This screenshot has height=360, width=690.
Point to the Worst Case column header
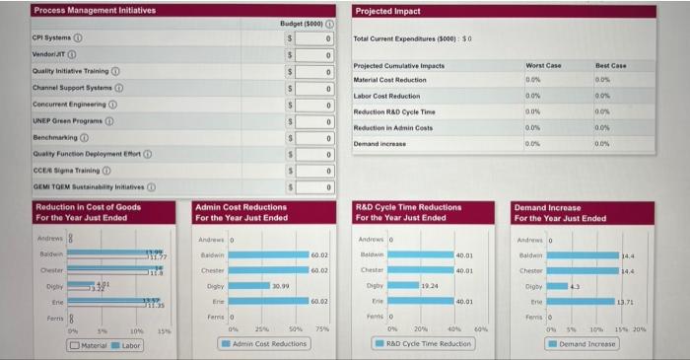coord(543,65)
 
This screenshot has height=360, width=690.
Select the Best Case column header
coord(611,65)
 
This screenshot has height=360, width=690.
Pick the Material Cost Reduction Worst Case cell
coord(533,79)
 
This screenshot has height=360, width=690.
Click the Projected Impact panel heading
coord(387,11)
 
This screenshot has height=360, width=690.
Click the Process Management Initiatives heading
coord(94,10)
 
